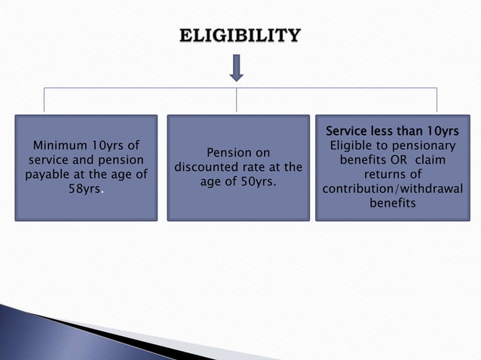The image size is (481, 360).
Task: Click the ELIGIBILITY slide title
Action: coord(240,36)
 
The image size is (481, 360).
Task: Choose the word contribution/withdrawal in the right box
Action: coord(391,188)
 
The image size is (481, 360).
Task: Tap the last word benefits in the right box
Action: coord(391,203)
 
